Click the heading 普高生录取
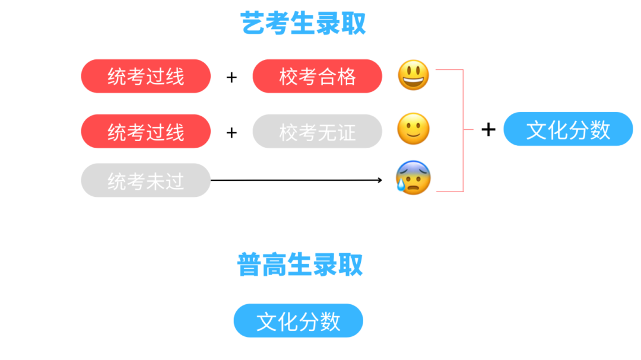300,265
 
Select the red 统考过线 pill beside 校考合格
145,76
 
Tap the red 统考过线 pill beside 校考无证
145,132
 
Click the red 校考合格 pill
317,76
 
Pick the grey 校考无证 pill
317,132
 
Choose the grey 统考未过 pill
145,180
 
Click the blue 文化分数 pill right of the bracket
568,129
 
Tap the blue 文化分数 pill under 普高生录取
298,321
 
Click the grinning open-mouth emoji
413,75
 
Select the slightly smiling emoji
413,129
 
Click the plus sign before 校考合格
231,77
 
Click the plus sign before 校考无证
231,132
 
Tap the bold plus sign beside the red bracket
488,129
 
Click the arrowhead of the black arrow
380,180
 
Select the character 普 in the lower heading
250,265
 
